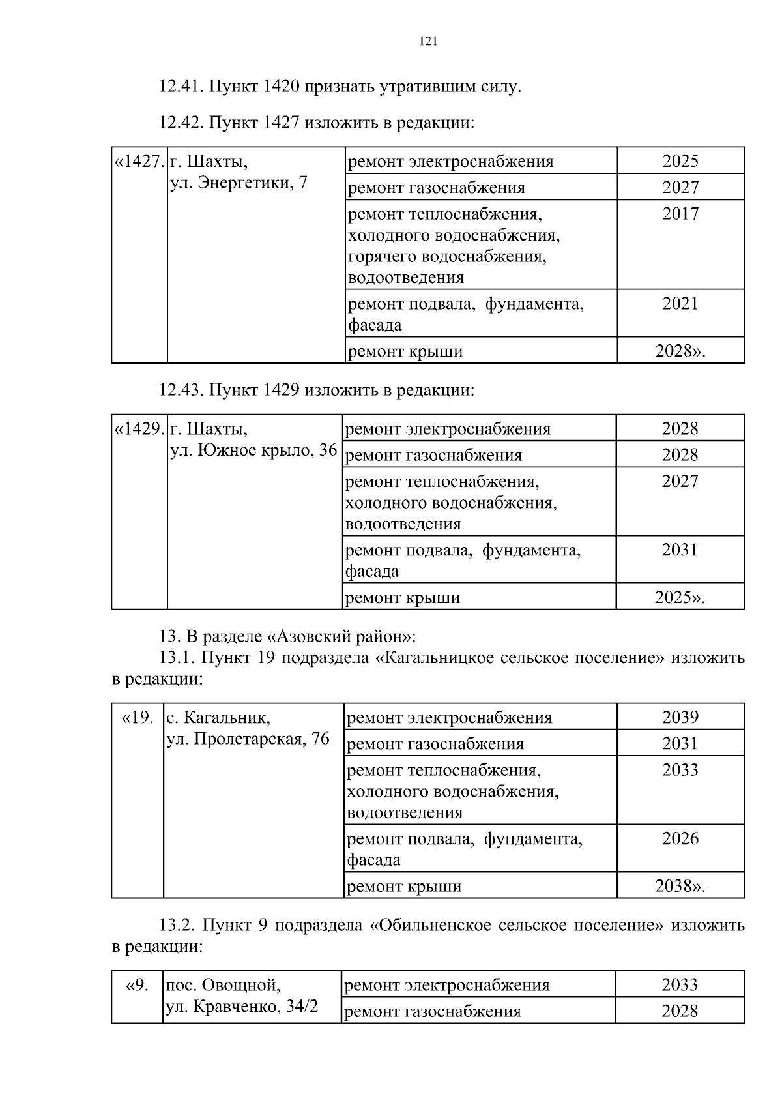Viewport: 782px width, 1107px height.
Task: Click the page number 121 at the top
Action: point(427,42)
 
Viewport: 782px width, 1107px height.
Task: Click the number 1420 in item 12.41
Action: point(282,86)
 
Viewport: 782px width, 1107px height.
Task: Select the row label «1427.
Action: point(139,161)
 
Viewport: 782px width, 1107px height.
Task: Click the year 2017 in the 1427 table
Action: point(680,214)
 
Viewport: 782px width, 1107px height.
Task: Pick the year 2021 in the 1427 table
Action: point(680,304)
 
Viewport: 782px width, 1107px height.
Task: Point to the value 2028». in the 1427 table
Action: point(680,351)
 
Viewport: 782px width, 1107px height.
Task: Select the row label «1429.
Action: point(139,428)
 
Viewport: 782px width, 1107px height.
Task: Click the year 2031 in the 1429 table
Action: point(680,550)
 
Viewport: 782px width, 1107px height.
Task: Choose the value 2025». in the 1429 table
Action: point(680,598)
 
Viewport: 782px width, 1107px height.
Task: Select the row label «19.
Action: point(138,717)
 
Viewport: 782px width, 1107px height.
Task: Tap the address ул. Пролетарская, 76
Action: point(248,739)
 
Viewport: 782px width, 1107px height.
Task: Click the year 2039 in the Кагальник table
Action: point(680,717)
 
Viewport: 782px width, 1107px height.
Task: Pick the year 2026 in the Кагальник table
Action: point(680,838)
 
